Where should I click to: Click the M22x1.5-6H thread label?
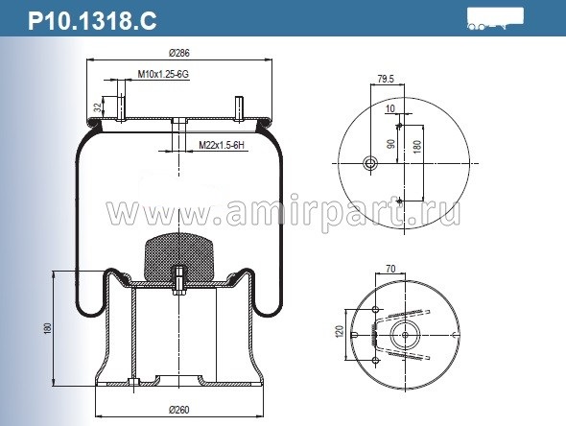pyautogui.click(x=223, y=145)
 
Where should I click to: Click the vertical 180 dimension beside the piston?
pyautogui.click(x=46, y=329)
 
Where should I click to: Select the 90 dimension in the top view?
pyautogui.click(x=391, y=144)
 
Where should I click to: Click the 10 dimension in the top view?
pyautogui.click(x=391, y=108)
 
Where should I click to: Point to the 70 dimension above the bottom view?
pyautogui.click(x=391, y=271)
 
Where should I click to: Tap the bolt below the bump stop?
pyautogui.click(x=179, y=285)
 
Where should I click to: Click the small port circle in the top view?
pyautogui.click(x=368, y=164)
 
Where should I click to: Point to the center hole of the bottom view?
pyautogui.click(x=406, y=334)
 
